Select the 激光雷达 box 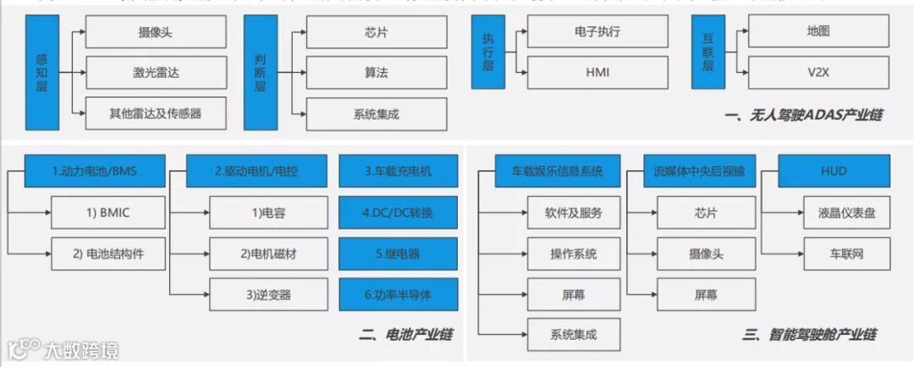tap(156, 73)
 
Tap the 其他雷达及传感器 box tap(156, 113)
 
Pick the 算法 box tap(377, 73)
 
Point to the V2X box tap(818, 72)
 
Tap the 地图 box tap(818, 32)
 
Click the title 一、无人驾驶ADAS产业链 tap(803, 114)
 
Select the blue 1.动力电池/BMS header tap(93, 171)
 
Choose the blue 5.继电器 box tap(398, 253)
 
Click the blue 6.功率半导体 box tap(398, 294)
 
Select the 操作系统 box tap(574, 253)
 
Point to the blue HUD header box tap(834, 171)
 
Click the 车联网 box tap(846, 253)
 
